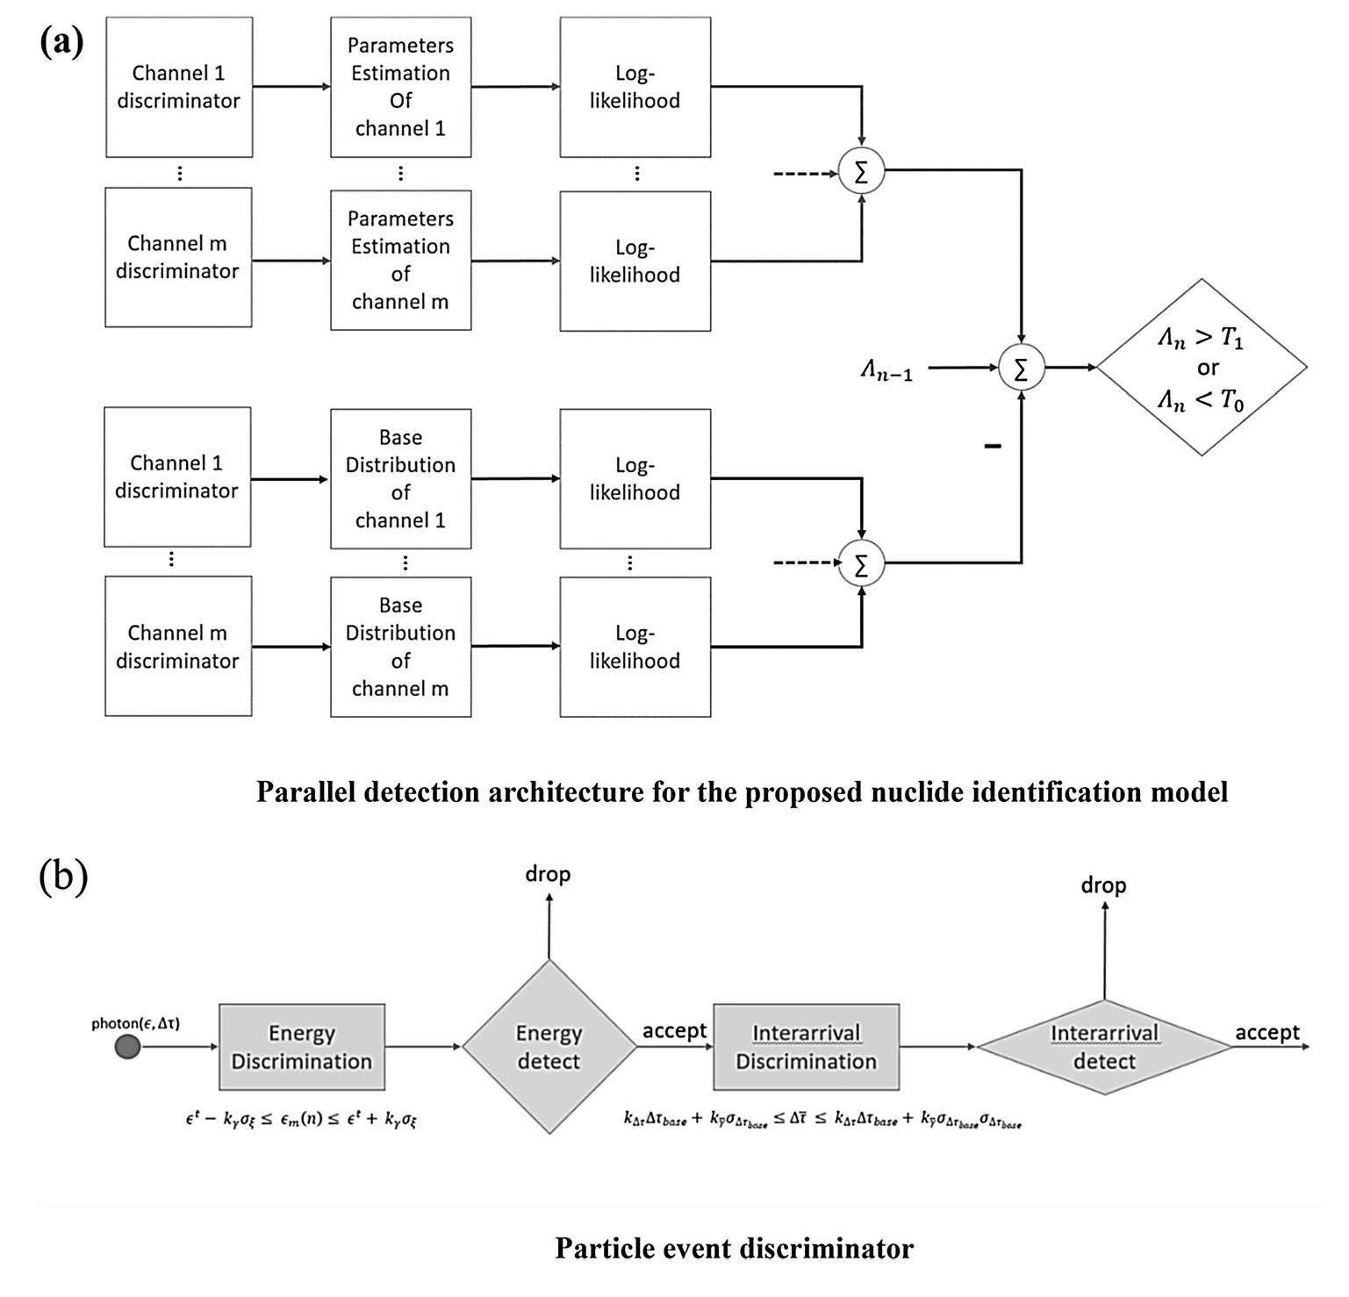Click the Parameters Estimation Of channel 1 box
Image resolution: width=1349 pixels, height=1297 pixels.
tap(400, 87)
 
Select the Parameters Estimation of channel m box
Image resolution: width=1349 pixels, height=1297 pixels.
tap(400, 260)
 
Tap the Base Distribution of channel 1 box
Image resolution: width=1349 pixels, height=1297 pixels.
tap(400, 478)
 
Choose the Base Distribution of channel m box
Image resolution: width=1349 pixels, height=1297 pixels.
tap(400, 647)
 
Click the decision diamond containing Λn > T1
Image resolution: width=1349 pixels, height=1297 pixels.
tap(1202, 367)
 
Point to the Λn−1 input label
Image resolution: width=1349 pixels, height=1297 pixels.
tap(886, 371)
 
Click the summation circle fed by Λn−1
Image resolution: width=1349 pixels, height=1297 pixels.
tap(1021, 368)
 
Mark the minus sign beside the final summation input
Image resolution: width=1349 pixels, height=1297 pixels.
tap(993, 447)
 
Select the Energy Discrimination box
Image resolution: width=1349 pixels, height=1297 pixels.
tap(301, 1047)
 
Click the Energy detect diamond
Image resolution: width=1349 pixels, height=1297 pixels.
tap(549, 1047)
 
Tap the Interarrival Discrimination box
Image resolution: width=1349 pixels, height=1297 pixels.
tap(806, 1047)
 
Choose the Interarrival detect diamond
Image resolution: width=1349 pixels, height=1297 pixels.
tap(1104, 1047)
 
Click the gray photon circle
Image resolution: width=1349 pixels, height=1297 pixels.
tap(128, 1047)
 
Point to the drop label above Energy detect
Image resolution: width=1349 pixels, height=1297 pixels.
tap(548, 874)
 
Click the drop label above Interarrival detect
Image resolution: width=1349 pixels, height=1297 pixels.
tap(1103, 885)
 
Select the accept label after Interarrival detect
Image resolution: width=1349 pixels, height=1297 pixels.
tap(1267, 1033)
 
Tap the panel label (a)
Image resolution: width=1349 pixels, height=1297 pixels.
tap(61, 41)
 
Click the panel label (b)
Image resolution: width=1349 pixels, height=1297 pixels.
tap(63, 877)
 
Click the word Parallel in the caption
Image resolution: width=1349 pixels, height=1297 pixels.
tap(304, 792)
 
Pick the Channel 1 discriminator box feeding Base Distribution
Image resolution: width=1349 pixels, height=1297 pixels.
tap(177, 477)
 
